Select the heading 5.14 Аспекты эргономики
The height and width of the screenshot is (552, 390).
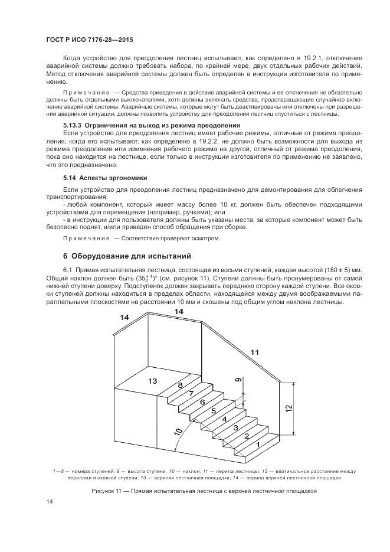tap(105, 178)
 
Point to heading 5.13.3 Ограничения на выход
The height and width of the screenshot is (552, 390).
tap(151, 126)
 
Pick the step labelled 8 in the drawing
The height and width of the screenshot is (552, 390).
tap(181, 385)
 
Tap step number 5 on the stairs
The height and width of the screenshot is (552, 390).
tap(213, 410)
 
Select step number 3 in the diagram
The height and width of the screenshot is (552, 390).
tap(235, 427)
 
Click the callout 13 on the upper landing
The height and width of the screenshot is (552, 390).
tap(152, 381)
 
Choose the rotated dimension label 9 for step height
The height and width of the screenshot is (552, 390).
tap(238, 381)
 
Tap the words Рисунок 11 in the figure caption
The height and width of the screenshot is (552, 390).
tap(109, 491)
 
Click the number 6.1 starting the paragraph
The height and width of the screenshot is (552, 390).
tap(68, 269)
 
